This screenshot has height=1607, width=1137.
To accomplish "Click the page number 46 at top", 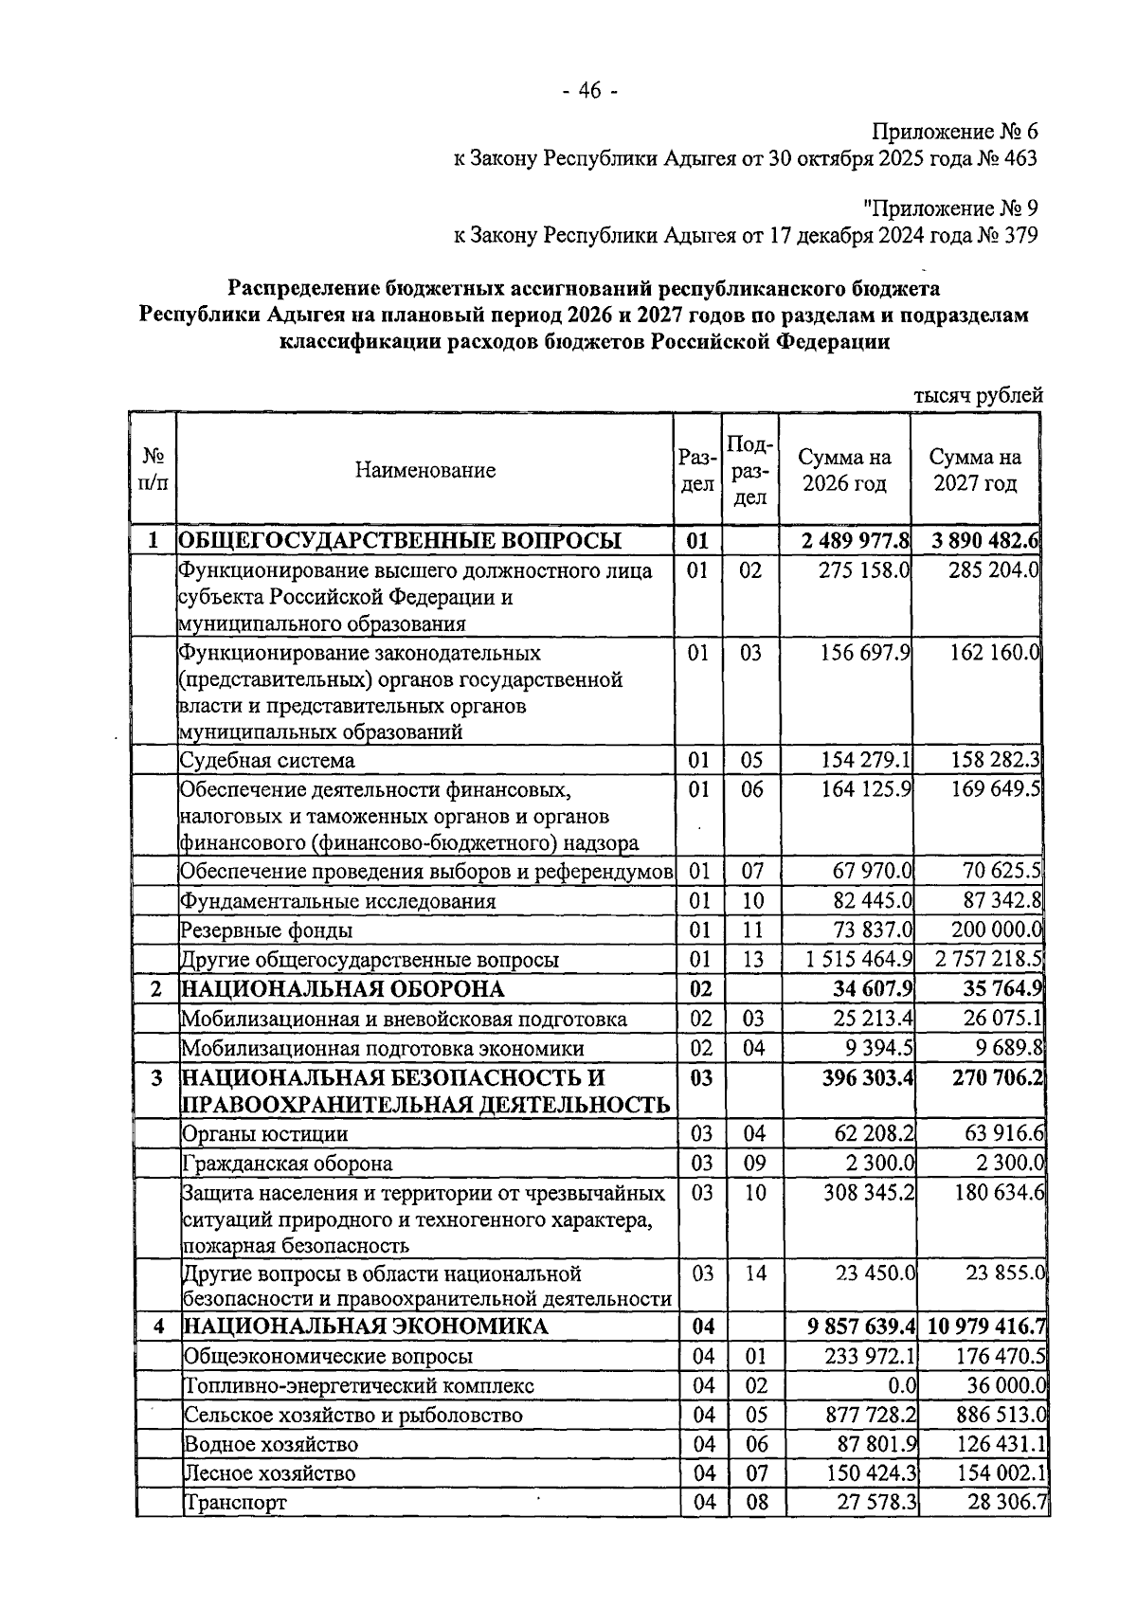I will [x=588, y=91].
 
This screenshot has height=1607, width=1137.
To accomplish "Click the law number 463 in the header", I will [x=1020, y=158].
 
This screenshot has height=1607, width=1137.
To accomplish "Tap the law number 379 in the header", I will [x=1020, y=235].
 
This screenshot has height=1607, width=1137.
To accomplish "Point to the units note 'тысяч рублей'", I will [x=978, y=396].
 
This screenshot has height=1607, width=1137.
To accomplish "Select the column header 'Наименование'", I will [x=425, y=470].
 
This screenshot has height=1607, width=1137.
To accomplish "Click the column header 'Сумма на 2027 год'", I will [x=975, y=470].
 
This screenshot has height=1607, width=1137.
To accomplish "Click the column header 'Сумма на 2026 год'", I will [x=844, y=470].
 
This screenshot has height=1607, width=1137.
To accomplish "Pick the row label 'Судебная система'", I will [x=268, y=761].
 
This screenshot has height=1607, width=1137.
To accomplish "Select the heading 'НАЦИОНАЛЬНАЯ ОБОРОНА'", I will [x=342, y=989].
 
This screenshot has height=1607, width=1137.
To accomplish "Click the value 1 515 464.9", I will [x=859, y=959].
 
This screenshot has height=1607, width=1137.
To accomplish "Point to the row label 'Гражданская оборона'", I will [x=287, y=1164].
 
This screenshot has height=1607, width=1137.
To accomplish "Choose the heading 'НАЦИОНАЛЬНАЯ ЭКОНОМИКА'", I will [x=366, y=1327].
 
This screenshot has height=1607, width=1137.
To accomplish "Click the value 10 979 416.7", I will [x=987, y=1327].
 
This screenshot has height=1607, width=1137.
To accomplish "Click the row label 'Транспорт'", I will [x=236, y=1503].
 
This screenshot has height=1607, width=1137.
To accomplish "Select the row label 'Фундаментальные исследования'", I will [x=338, y=901].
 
